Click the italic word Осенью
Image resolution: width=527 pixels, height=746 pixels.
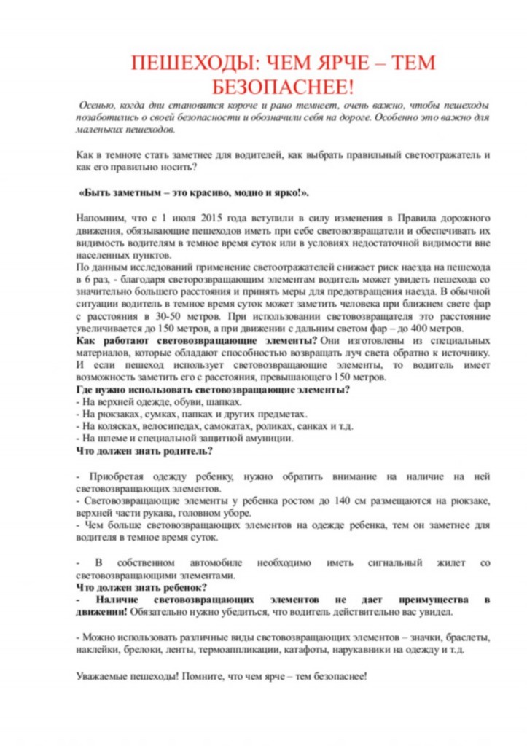click(99, 106)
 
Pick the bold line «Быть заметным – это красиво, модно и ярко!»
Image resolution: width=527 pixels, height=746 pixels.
click(193, 193)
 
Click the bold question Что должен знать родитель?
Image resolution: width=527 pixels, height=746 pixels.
click(144, 451)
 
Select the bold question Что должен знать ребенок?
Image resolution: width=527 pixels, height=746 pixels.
click(142, 587)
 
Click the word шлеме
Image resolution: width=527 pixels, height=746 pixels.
click(106, 439)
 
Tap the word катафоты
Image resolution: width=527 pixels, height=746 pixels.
click(316, 649)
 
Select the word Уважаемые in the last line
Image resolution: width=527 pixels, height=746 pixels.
click(103, 675)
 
